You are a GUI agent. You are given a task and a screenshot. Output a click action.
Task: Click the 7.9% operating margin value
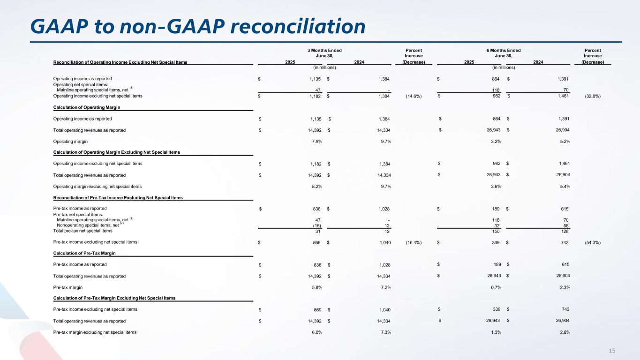click(x=315, y=142)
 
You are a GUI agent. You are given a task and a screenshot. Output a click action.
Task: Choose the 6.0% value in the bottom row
click(x=315, y=332)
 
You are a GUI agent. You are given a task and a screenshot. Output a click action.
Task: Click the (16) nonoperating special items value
click(x=316, y=225)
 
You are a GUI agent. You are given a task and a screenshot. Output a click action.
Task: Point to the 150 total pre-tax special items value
click(x=495, y=231)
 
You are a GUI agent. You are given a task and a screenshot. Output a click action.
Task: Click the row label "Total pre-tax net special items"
click(x=83, y=231)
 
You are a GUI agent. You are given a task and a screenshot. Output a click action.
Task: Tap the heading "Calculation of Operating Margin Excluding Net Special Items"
click(x=117, y=152)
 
